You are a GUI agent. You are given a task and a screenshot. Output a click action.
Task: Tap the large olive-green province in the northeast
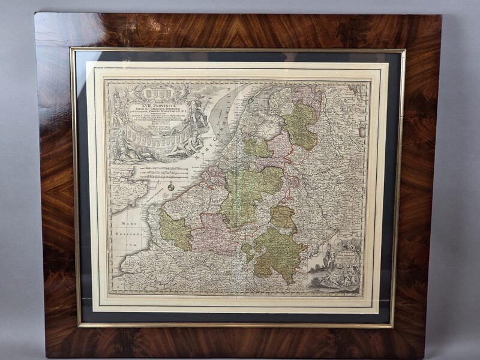[x=301, y=123]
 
